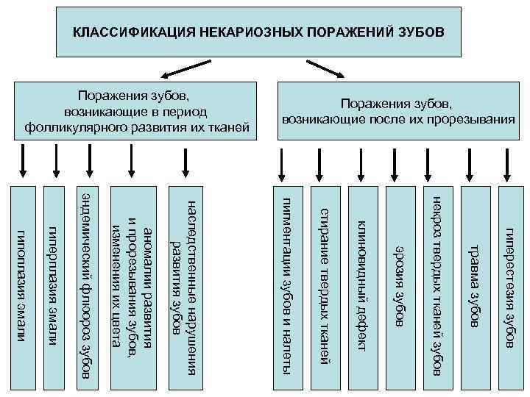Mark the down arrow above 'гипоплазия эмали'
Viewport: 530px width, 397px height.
tap(23, 162)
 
